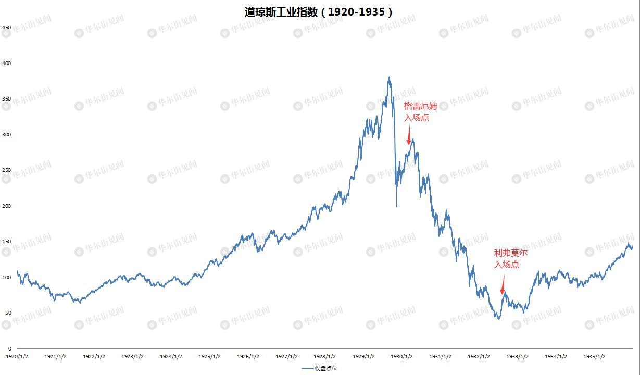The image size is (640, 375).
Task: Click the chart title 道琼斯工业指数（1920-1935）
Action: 319,12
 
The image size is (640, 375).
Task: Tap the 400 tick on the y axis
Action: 7,63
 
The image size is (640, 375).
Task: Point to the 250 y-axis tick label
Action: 7,170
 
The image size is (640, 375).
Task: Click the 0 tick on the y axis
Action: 9,348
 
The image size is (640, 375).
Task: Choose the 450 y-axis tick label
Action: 7,27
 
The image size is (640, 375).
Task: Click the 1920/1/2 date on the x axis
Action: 17,357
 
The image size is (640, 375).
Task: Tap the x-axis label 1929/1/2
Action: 363,357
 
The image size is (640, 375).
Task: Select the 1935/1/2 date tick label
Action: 594,357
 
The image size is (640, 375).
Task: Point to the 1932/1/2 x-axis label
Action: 479,357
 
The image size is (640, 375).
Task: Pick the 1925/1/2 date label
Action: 209,357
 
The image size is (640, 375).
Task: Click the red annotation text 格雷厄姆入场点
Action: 421,111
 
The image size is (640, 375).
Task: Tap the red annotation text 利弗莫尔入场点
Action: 510,258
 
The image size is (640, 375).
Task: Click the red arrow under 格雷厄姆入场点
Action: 409,140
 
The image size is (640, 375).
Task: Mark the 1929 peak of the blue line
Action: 389,77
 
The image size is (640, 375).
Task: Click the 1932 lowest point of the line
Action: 499,319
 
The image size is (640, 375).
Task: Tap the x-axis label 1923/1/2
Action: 132,357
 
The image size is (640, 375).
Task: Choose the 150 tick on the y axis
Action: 7,242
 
